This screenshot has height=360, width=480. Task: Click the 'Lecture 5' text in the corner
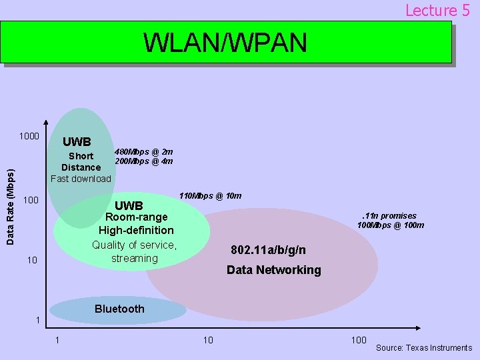437,10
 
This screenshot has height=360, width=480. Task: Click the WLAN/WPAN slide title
225,43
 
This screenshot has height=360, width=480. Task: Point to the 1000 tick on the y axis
29,137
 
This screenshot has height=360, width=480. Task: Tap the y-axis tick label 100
31,200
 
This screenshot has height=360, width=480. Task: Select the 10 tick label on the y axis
32,259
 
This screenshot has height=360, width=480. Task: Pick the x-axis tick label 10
208,340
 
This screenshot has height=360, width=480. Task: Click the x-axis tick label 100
359,340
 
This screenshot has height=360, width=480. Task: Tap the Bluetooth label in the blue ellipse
119,309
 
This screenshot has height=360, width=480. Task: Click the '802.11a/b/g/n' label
269,250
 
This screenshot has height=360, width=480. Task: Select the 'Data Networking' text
273,270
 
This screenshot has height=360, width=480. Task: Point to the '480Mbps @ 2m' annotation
144,151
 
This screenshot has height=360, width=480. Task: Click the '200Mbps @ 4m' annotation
144,161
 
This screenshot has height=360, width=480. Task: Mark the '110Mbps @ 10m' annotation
211,195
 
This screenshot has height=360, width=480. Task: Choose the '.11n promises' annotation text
389,215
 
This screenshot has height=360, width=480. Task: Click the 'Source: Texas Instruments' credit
424,347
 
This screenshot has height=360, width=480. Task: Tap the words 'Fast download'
81,178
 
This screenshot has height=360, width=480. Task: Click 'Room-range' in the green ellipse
137,217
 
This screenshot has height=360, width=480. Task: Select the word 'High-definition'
136,230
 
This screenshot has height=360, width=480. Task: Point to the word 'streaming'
135,258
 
